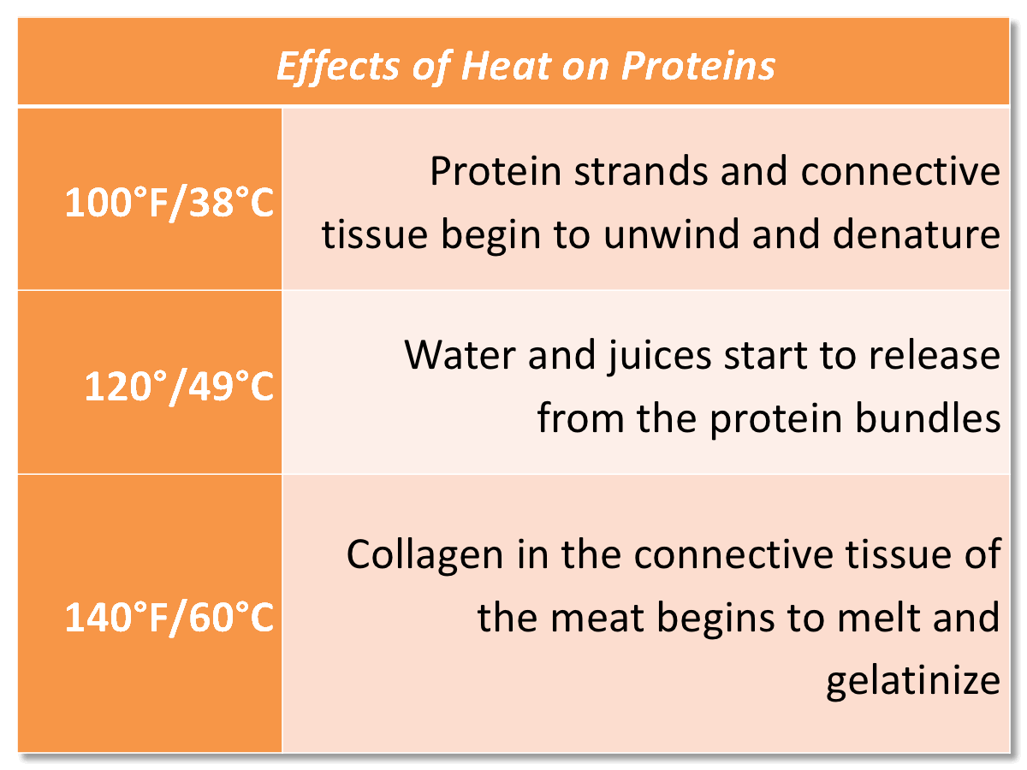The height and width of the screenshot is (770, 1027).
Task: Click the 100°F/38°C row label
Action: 169,205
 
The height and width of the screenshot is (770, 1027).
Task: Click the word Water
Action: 460,354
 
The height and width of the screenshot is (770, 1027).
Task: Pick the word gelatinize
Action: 912,681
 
